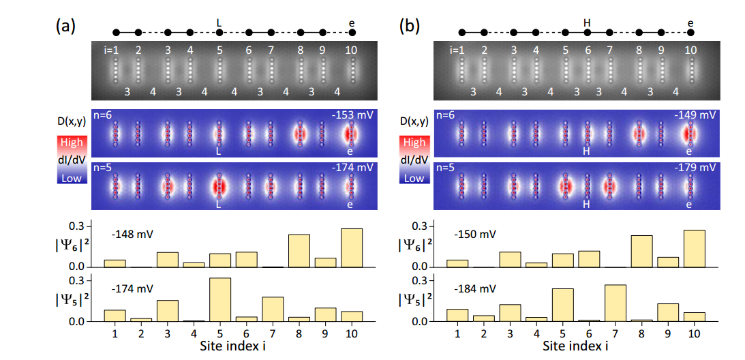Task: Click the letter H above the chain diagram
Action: (586, 22)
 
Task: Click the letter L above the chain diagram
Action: (219, 22)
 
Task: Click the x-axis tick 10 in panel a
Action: (352, 333)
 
